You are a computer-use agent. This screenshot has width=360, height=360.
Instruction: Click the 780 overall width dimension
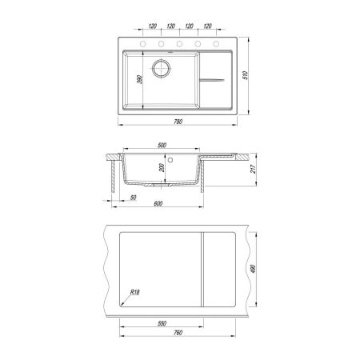tap(178, 122)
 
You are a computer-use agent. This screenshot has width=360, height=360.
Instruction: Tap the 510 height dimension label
tap(246, 75)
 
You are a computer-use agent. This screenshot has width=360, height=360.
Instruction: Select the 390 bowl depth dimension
tap(139, 79)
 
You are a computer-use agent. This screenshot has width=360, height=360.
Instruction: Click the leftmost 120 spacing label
tap(152, 26)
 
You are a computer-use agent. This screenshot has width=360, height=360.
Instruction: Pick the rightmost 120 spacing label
tap(207, 26)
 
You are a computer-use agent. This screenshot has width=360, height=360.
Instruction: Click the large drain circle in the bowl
tap(161, 68)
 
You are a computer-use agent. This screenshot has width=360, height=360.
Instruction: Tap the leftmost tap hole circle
tap(143, 44)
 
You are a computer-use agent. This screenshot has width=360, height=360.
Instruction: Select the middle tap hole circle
tap(179, 44)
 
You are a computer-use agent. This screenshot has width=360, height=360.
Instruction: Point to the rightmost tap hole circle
tap(216, 44)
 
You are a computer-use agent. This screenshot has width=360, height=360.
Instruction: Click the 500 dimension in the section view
tap(162, 145)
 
